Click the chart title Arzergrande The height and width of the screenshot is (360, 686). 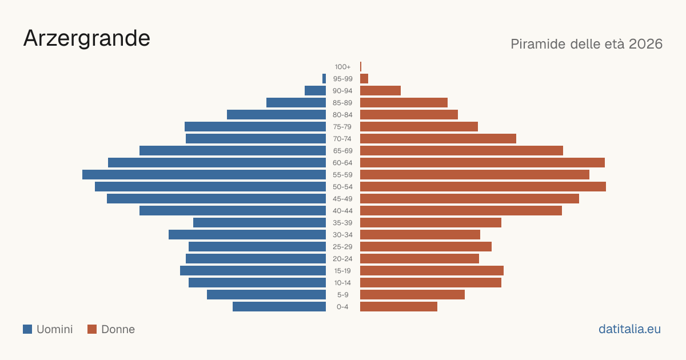click(87, 39)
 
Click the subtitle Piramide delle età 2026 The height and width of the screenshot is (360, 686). click(587, 44)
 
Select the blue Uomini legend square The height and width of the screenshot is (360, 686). click(27, 329)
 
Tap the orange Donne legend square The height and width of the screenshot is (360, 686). click(92, 329)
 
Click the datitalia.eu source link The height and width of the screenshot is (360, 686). click(629, 329)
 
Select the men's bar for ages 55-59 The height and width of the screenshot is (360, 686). click(204, 174)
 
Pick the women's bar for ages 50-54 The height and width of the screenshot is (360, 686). click(483, 186)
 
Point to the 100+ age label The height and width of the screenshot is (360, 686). click(342, 67)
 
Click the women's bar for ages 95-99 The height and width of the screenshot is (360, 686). click(364, 78)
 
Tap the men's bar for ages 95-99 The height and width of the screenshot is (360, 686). click(324, 78)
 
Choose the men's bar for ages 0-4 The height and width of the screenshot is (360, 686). click(280, 306)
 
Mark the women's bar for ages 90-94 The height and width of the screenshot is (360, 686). click(380, 90)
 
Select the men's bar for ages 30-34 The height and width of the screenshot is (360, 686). click(247, 234)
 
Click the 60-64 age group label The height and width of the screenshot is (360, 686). click(342, 163)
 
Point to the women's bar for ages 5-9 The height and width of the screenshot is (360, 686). click(412, 294)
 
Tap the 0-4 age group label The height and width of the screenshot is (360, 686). click(342, 307)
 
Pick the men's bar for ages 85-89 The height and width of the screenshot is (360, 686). click(296, 102)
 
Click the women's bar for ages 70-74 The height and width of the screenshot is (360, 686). click(438, 138)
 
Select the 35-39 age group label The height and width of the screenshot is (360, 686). click(342, 223)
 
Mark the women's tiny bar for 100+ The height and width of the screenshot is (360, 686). click(361, 66)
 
